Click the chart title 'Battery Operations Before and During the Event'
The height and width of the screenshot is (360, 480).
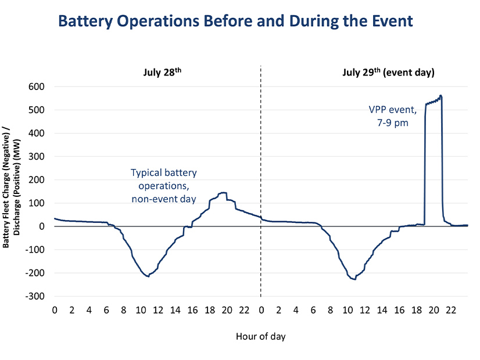click(x=235, y=21)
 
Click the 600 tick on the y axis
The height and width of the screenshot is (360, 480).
click(x=38, y=87)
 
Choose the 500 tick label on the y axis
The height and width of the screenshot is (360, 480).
click(x=38, y=110)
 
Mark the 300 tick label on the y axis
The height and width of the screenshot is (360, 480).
click(x=38, y=156)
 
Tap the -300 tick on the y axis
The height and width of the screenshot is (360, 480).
click(x=36, y=296)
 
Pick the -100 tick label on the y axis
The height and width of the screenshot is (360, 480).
click(x=36, y=250)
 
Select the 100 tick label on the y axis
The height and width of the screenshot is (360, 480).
click(x=38, y=203)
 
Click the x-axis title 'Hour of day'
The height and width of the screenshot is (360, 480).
click(x=260, y=336)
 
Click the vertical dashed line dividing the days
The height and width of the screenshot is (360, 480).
click(x=261, y=174)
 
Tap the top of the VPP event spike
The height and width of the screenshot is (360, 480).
click(x=440, y=96)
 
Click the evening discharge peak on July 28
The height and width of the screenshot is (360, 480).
click(x=222, y=193)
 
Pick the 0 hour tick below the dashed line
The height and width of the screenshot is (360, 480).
click(x=261, y=310)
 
